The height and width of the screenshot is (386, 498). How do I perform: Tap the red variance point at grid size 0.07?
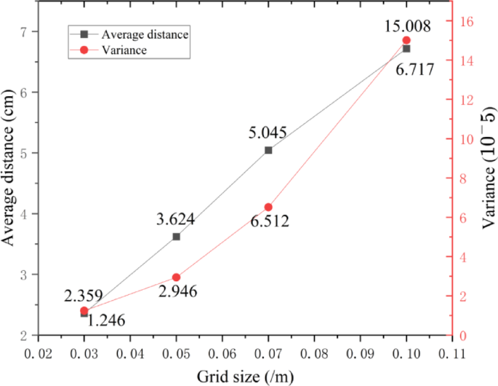coord(268,207)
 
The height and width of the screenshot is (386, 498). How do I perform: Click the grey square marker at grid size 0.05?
coord(176,236)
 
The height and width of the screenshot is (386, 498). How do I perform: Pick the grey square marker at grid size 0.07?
coord(268,150)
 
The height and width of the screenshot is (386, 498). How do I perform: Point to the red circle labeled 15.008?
coord(406,40)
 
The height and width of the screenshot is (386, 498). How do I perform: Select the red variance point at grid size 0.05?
coord(176,277)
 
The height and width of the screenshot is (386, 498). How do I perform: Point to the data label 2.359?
coord(83,296)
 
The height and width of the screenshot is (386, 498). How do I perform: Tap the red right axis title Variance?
coord(489,168)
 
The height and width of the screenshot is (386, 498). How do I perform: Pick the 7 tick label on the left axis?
coord(24,32)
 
